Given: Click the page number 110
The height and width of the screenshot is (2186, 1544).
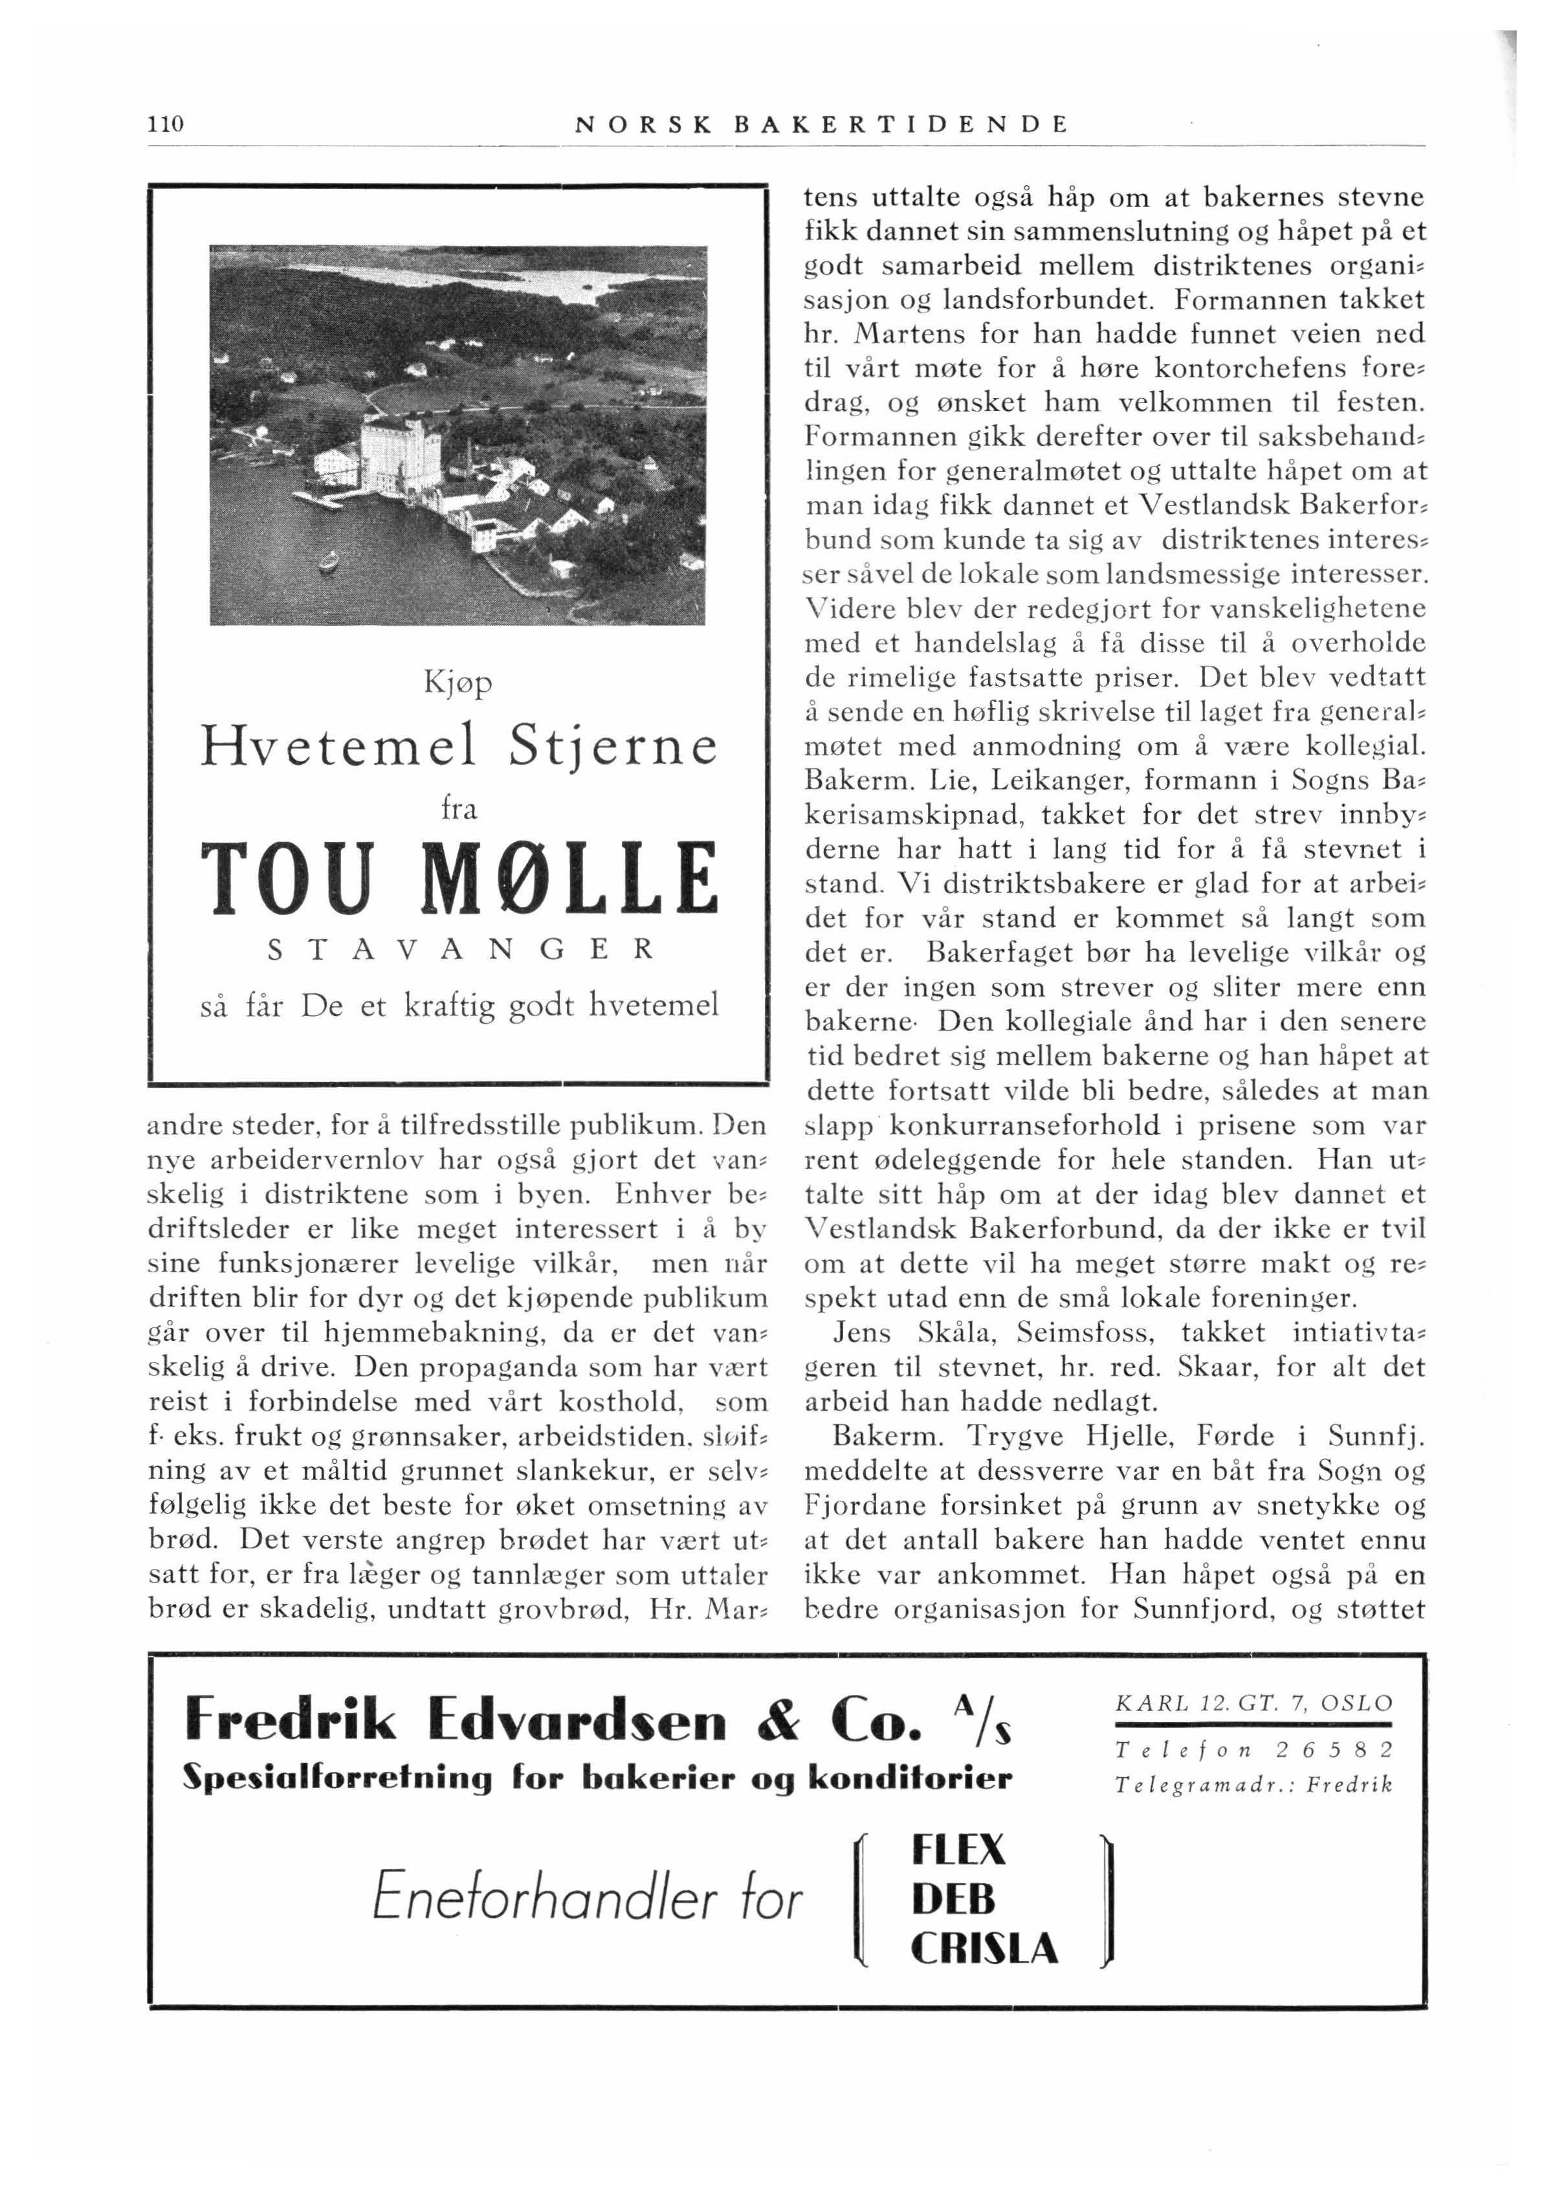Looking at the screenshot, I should coord(164,125).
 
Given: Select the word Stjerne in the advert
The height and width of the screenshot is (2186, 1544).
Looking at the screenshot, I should coord(612,746).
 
